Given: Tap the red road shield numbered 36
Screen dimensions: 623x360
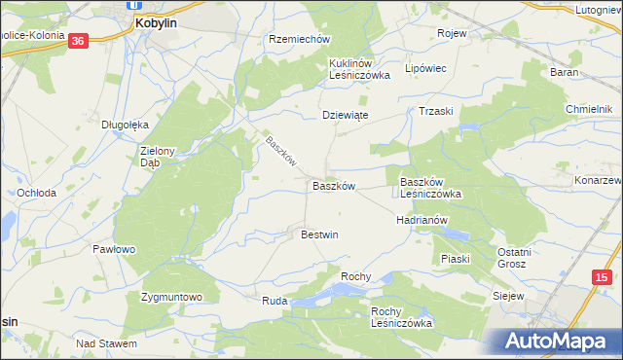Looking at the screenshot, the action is tap(79, 40).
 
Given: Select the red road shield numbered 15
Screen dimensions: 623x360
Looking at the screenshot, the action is tap(600, 278).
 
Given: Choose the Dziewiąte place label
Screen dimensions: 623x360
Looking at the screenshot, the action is tap(345, 114).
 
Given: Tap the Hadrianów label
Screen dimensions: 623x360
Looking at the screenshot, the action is tap(421, 220).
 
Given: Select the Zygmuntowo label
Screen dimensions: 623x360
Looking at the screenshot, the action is tap(170, 297).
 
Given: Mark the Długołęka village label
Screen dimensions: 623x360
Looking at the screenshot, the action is tap(125, 125).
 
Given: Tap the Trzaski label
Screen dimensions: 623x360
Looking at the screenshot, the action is tap(436, 111).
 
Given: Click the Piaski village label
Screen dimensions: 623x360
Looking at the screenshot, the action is tap(455, 259).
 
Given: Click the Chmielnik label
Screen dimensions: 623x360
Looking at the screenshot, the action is tap(593, 108).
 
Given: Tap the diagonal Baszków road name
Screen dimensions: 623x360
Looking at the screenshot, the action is tap(280, 149).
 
